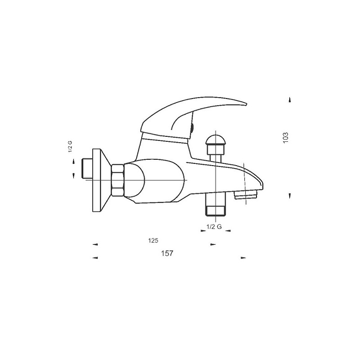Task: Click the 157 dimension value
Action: (x=167, y=253)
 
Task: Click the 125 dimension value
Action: (x=153, y=241)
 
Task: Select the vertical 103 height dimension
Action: (x=285, y=138)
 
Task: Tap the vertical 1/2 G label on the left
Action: (x=70, y=147)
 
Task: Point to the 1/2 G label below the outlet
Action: (x=214, y=227)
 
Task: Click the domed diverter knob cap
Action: (x=216, y=141)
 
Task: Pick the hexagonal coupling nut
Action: (x=118, y=180)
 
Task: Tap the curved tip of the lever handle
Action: (x=245, y=104)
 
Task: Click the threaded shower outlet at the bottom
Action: (x=216, y=204)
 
